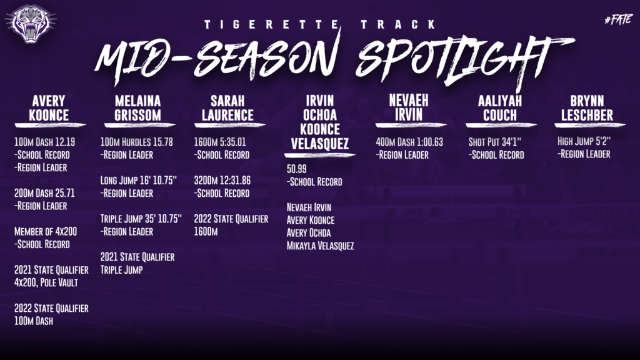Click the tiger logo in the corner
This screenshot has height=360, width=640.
31,23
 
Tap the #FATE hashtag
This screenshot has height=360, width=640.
619,19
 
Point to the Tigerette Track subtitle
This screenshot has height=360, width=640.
321,24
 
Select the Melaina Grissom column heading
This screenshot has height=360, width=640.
137,108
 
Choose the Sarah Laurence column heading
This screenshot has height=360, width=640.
227,108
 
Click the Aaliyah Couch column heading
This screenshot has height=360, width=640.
500,108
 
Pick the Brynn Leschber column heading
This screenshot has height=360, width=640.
587,108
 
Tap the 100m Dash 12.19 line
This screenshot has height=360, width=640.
44,142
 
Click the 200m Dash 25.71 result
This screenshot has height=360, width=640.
44,193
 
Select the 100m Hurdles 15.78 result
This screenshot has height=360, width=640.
136,142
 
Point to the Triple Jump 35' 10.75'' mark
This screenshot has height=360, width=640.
141,219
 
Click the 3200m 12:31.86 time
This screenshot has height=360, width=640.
222,181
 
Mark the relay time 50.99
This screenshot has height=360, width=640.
296,169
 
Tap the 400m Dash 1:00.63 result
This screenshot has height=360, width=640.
409,142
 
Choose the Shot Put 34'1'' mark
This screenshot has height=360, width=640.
495,142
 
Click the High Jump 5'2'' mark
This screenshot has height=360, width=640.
584,141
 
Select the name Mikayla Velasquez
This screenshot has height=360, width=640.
320,246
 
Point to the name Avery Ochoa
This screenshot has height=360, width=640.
309,233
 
